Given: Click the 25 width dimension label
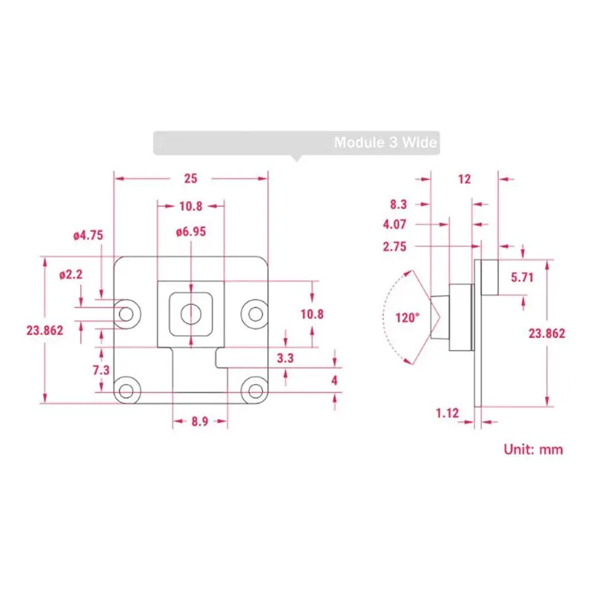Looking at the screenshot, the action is [x=191, y=179].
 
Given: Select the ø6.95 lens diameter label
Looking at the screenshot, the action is [x=191, y=231].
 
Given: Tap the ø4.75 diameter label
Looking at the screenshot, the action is [x=88, y=235].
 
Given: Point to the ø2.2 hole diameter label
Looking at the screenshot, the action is [x=70, y=274].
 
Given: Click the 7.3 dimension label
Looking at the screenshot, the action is [x=101, y=370].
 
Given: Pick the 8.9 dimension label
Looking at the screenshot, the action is [x=199, y=421].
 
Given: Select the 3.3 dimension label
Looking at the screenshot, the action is [x=285, y=358].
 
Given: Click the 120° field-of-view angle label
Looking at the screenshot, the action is [x=407, y=318].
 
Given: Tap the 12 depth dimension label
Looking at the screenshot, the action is [x=465, y=179].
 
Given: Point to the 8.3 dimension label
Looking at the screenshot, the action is [x=398, y=205].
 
